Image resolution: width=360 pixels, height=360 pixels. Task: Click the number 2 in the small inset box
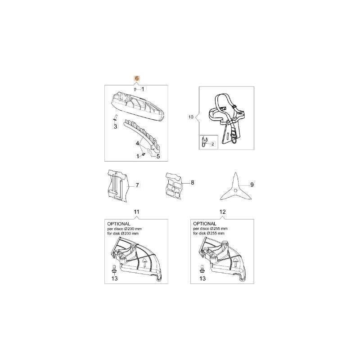213,144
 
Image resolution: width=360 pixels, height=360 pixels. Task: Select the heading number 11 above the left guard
136,211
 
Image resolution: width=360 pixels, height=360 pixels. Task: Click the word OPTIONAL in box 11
118,223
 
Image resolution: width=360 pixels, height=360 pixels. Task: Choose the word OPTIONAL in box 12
205,223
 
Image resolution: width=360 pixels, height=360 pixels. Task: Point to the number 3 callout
115,127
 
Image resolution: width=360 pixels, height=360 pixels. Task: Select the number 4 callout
138,143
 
